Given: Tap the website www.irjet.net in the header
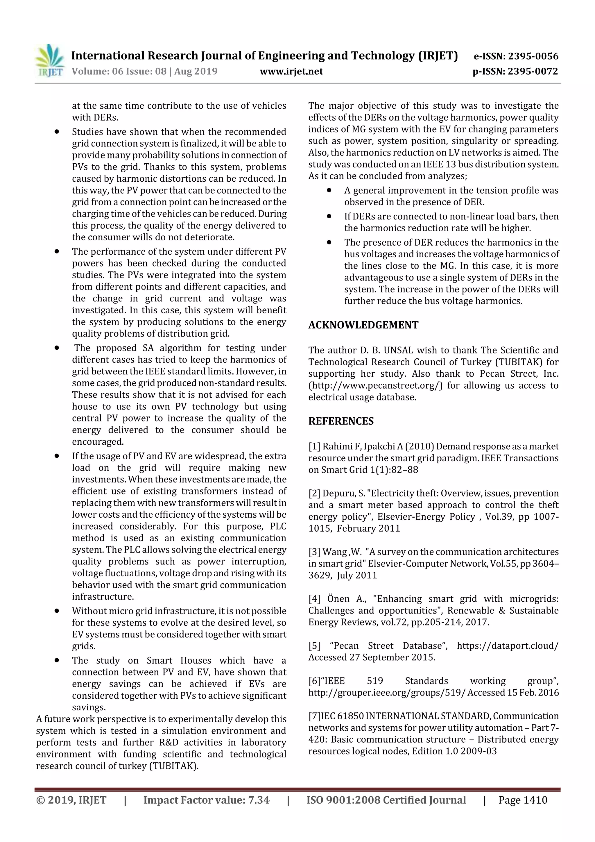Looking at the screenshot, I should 291,71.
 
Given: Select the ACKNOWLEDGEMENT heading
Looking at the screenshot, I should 363,325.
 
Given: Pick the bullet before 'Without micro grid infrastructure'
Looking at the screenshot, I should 57,611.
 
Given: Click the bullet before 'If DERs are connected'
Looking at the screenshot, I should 329,216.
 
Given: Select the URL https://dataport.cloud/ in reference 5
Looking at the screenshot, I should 507,646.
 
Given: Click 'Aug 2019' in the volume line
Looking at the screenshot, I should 196,71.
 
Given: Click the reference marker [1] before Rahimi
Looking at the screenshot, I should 314,446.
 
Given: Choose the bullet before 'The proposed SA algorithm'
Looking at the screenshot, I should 57,348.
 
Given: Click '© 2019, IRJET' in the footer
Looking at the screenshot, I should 71,800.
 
